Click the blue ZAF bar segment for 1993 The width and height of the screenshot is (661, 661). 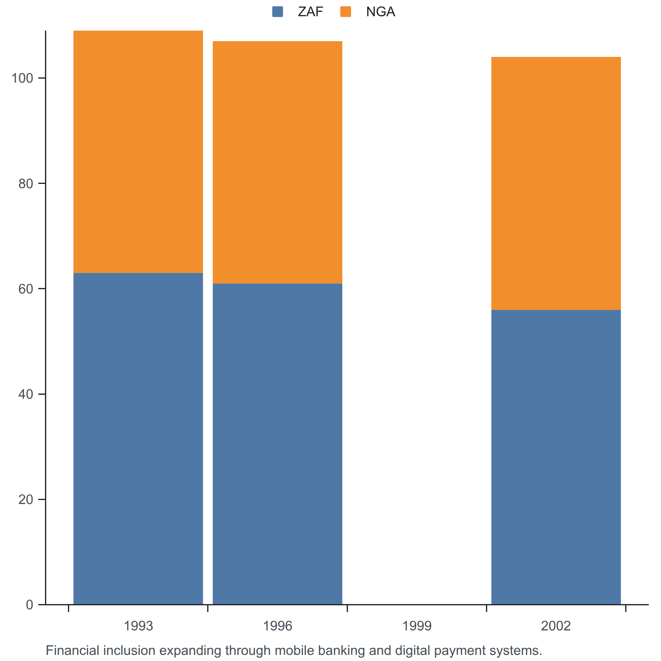pos(138,439)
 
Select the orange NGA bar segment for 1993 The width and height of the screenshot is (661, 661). pos(138,152)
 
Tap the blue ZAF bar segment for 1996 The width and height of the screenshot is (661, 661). pos(278,444)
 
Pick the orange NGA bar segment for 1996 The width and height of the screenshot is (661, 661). pos(278,162)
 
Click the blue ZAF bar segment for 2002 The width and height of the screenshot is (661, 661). pos(556,457)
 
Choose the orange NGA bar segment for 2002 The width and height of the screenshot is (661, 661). pos(556,183)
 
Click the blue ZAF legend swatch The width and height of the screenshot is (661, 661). pos(278,12)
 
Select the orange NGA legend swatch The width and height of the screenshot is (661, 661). pos(345,12)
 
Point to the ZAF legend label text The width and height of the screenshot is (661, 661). pos(310,12)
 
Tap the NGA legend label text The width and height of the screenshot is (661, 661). pos(380,12)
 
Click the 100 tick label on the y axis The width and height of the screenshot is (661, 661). pos(22,78)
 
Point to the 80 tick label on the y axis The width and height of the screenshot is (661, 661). pos(26,184)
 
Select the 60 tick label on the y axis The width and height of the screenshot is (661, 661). pos(26,289)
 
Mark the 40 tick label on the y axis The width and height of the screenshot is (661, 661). pos(26,394)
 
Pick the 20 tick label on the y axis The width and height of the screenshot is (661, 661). pos(26,500)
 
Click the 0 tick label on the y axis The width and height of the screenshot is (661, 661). pos(30,605)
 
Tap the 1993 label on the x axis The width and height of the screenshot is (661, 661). pos(138,626)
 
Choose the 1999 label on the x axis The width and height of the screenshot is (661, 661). pos(417,626)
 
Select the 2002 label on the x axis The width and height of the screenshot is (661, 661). pos(556,626)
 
